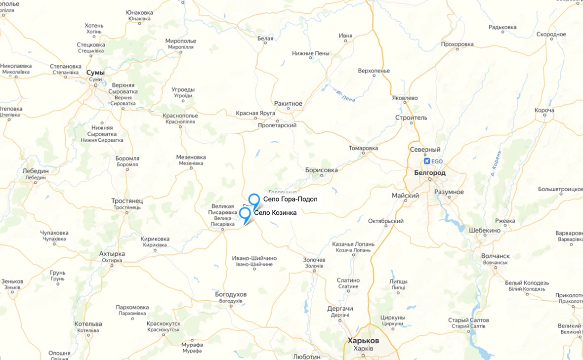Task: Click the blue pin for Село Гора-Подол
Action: [x=254, y=200]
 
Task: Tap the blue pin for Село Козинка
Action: [x=245, y=213]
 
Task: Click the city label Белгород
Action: [x=430, y=173]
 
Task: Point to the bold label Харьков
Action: [x=363, y=341]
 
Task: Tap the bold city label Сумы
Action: [x=95, y=73]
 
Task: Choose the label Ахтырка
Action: [x=112, y=254]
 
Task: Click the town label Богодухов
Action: [x=231, y=295]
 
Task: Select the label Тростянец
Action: [x=127, y=201]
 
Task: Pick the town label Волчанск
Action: [x=496, y=256]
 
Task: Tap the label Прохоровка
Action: [x=457, y=44]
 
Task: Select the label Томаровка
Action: [x=363, y=148]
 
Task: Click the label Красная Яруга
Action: [x=255, y=113]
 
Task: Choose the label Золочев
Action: [x=314, y=260]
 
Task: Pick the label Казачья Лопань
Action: [x=353, y=244]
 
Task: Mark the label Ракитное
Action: [x=288, y=104]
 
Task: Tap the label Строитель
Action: [x=411, y=118]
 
